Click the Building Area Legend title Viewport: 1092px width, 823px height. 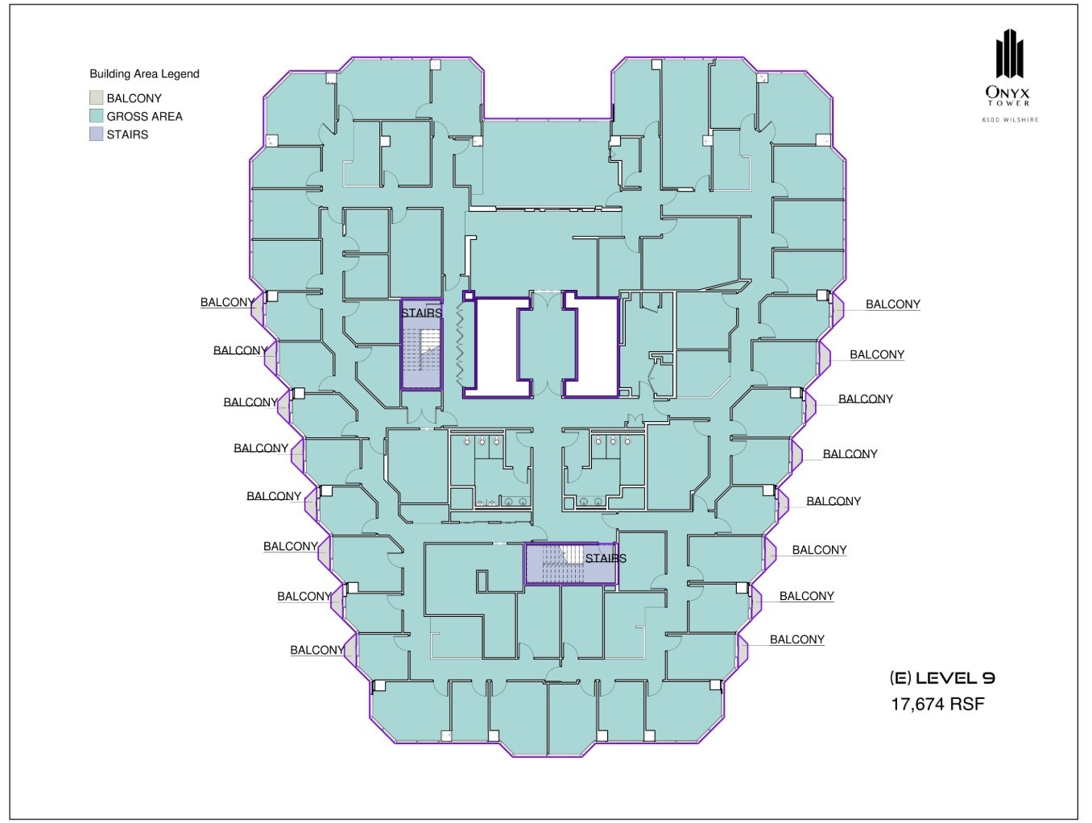[x=144, y=74]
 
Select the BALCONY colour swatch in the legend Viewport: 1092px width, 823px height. [x=97, y=98]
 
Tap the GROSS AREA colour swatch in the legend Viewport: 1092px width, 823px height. [x=97, y=116]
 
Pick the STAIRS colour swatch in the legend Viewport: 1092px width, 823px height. [x=97, y=134]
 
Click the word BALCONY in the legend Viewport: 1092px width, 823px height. [x=134, y=98]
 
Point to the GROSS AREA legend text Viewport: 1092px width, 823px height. [x=144, y=116]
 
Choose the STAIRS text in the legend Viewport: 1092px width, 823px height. [x=127, y=134]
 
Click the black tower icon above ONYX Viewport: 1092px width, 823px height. [x=1009, y=55]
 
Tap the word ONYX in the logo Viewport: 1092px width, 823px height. [x=1009, y=93]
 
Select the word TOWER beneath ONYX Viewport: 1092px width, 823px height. [x=1009, y=103]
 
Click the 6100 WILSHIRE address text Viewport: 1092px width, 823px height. [x=1009, y=120]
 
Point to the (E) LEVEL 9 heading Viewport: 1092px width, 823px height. [x=942, y=678]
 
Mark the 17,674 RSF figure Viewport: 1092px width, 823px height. [x=937, y=704]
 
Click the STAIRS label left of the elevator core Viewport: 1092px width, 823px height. [x=422, y=313]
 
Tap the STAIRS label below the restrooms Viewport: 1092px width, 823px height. [x=606, y=558]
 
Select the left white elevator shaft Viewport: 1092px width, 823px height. [x=496, y=346]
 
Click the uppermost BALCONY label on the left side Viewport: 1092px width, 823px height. [x=227, y=303]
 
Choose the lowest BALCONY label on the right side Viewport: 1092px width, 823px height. [x=796, y=639]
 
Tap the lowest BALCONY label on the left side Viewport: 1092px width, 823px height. [x=317, y=650]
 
